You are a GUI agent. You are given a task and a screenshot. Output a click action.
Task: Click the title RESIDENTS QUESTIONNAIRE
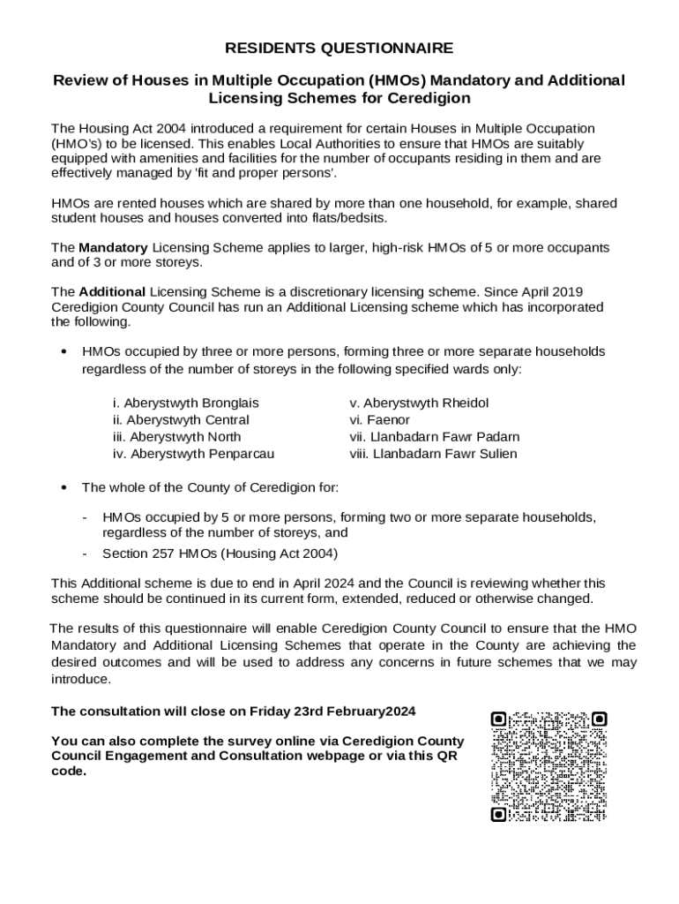[339, 48]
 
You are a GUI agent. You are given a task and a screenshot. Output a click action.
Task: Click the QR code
[548, 766]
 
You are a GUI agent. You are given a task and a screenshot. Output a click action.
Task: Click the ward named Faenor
[379, 420]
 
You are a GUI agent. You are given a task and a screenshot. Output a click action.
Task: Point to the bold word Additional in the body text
[112, 292]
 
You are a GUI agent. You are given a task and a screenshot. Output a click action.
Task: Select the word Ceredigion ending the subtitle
[427, 98]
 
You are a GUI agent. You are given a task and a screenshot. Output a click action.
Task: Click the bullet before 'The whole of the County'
[63, 488]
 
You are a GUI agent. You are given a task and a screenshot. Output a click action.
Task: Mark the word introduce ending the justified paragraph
[81, 680]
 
